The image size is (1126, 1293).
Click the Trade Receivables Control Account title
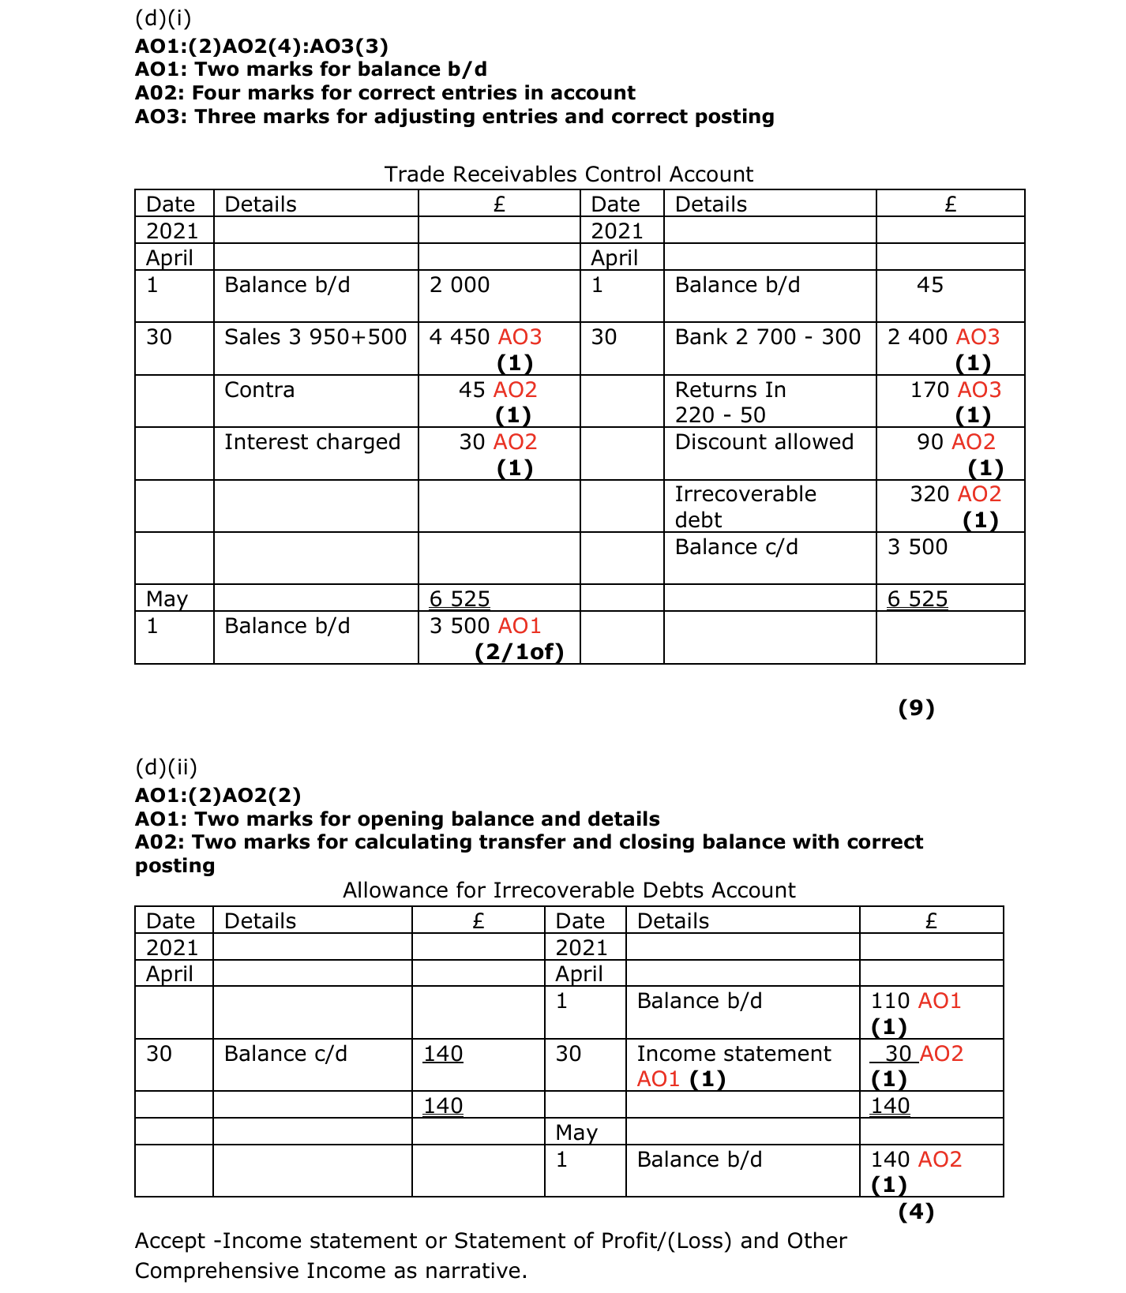pos(569,174)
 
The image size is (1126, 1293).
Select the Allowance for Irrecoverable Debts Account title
pos(569,890)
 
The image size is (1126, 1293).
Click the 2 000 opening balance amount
pos(460,285)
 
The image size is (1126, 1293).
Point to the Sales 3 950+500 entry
pos(315,337)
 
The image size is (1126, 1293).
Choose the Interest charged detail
pos(312,442)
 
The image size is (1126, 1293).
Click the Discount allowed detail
pos(764,442)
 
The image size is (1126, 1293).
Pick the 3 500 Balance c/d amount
pos(917,547)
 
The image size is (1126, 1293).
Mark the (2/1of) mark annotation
pos(519,652)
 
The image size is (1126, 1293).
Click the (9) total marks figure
pos(916,708)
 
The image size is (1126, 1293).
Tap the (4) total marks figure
pos(916,1212)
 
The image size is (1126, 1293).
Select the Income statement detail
pos(734,1054)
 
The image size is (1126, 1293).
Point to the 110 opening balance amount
pos(890,1001)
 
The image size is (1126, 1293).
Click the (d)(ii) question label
pos(166,767)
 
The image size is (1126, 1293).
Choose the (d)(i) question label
pos(163,17)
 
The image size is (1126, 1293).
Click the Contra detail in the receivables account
pos(259,390)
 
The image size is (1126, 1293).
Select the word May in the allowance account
pos(576,1133)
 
